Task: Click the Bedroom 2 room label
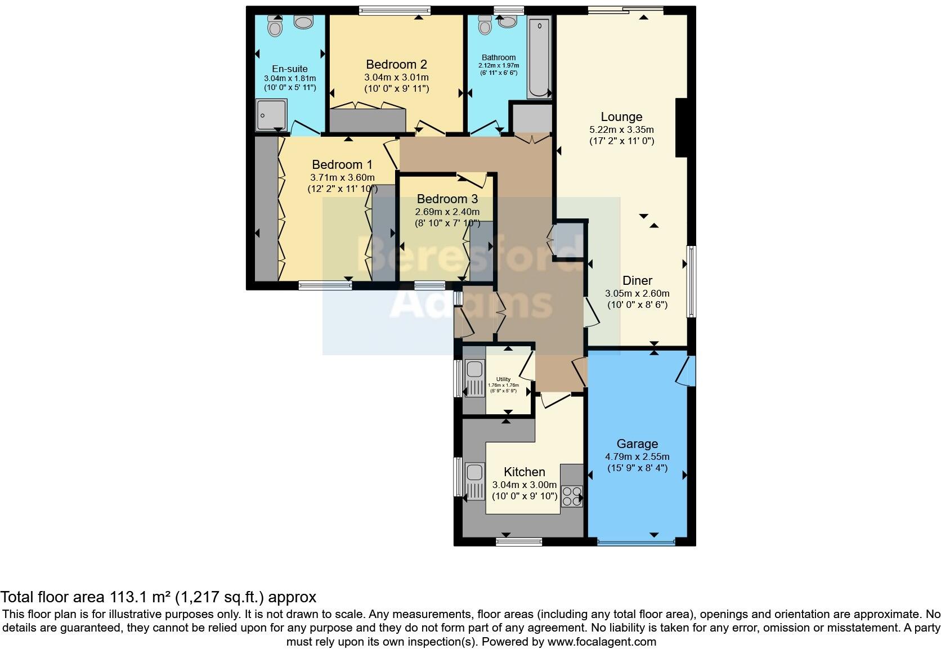(x=396, y=64)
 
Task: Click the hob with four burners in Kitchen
(x=572, y=495)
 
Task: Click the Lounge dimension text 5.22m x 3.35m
(x=621, y=129)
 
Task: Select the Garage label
(x=637, y=444)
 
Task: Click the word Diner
(x=637, y=280)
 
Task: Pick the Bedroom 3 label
(x=447, y=199)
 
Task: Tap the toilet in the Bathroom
(x=484, y=24)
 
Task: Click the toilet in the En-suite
(x=275, y=26)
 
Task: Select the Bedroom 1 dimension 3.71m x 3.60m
(x=342, y=177)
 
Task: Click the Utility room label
(x=503, y=379)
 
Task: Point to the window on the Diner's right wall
(x=690, y=281)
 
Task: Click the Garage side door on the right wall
(x=688, y=370)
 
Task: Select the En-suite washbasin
(x=304, y=23)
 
